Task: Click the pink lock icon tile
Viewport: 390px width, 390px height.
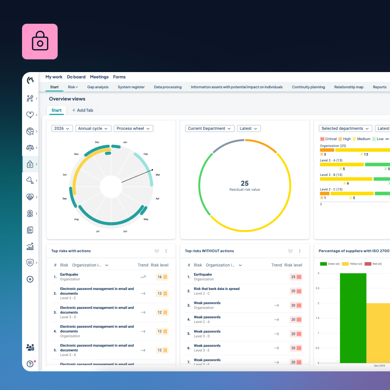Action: point(40,42)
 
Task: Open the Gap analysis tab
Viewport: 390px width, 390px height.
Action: point(97,87)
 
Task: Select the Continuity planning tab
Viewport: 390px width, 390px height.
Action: point(308,87)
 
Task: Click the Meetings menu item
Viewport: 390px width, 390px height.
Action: point(99,77)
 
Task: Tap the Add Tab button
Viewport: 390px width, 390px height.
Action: point(82,110)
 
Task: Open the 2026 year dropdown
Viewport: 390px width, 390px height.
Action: point(62,128)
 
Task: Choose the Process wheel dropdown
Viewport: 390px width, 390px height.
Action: point(133,128)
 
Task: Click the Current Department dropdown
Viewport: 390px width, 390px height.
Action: point(209,128)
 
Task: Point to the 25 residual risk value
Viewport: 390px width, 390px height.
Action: point(245,183)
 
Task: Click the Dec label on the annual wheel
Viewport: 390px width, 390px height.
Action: point(97,142)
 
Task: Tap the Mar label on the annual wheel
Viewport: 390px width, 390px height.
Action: point(158,174)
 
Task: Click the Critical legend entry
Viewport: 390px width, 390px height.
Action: point(328,139)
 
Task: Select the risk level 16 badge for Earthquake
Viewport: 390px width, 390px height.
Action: point(162,277)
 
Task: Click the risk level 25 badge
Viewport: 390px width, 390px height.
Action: point(296,277)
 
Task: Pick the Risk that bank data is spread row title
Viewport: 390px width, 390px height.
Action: point(216,289)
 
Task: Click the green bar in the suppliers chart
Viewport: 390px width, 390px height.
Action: point(353,318)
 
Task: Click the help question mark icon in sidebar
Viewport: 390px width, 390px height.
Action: point(30,363)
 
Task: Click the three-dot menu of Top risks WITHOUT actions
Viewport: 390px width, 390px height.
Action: point(300,251)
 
